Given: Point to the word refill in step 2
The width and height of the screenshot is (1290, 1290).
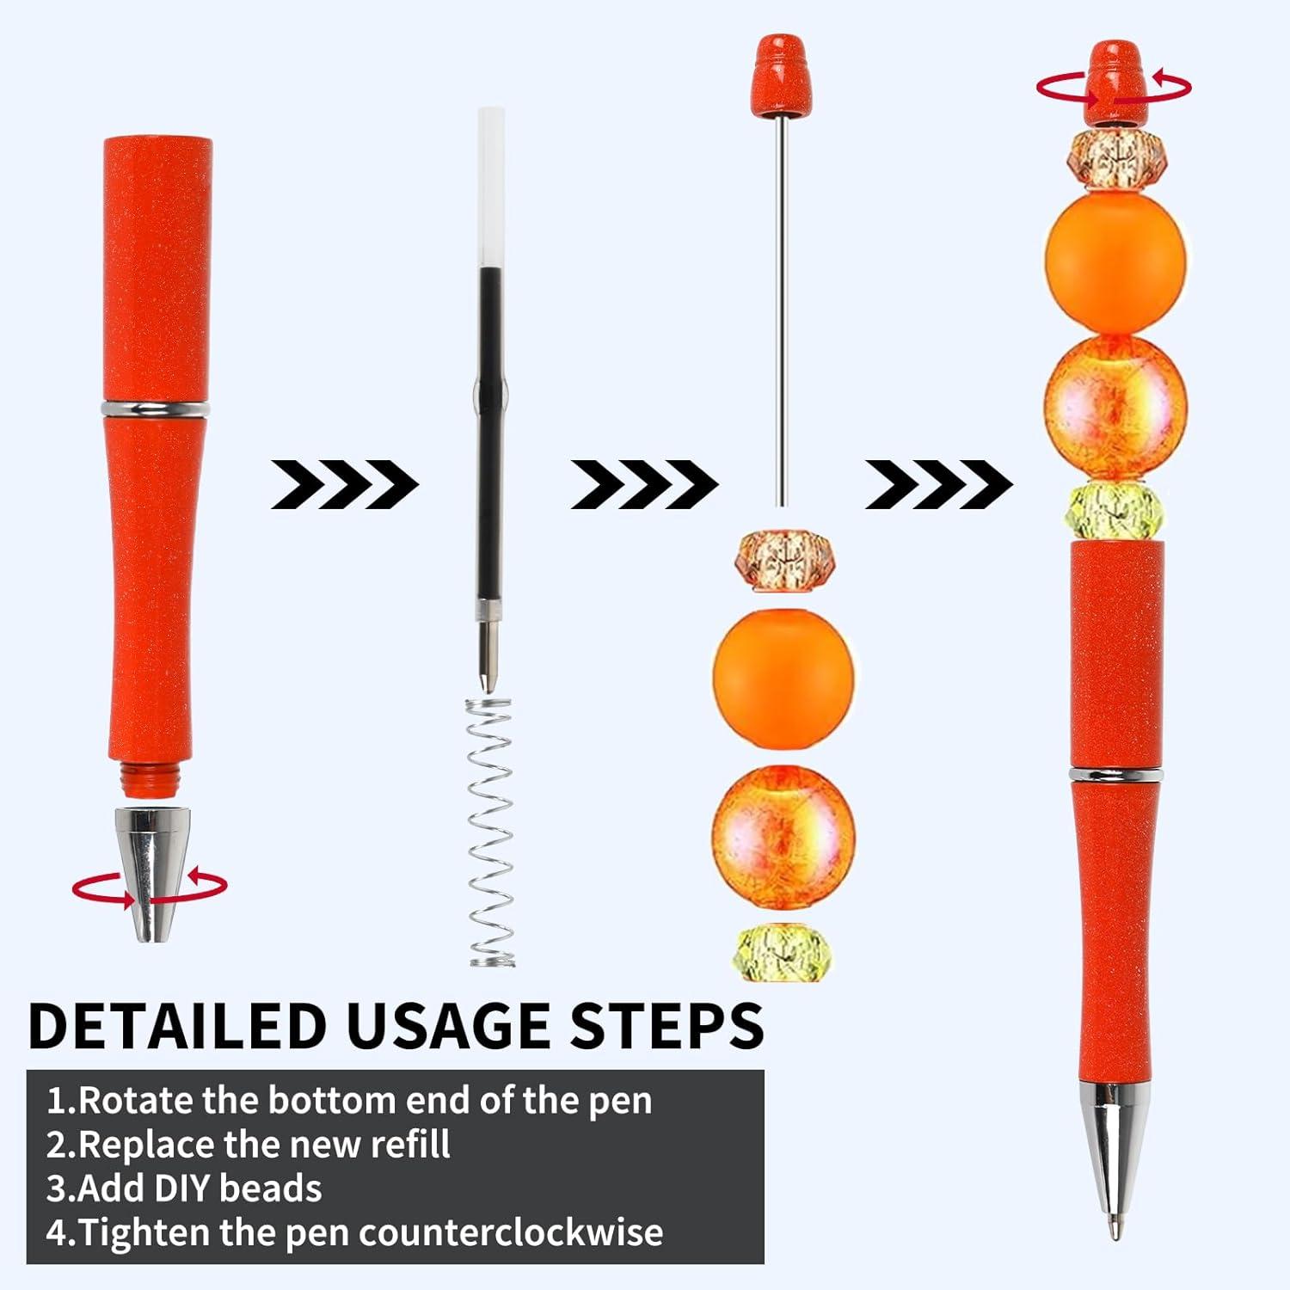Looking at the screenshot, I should [410, 1145].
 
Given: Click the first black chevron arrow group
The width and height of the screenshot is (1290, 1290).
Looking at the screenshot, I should [344, 484].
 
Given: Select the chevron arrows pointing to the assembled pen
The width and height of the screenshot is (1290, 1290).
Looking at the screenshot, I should [938, 484].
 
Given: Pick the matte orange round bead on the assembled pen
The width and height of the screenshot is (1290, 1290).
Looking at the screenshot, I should [1115, 262].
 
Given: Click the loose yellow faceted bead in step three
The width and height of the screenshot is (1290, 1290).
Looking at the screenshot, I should [782, 953].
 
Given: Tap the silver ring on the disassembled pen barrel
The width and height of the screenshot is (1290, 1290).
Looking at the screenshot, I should [155, 408].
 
